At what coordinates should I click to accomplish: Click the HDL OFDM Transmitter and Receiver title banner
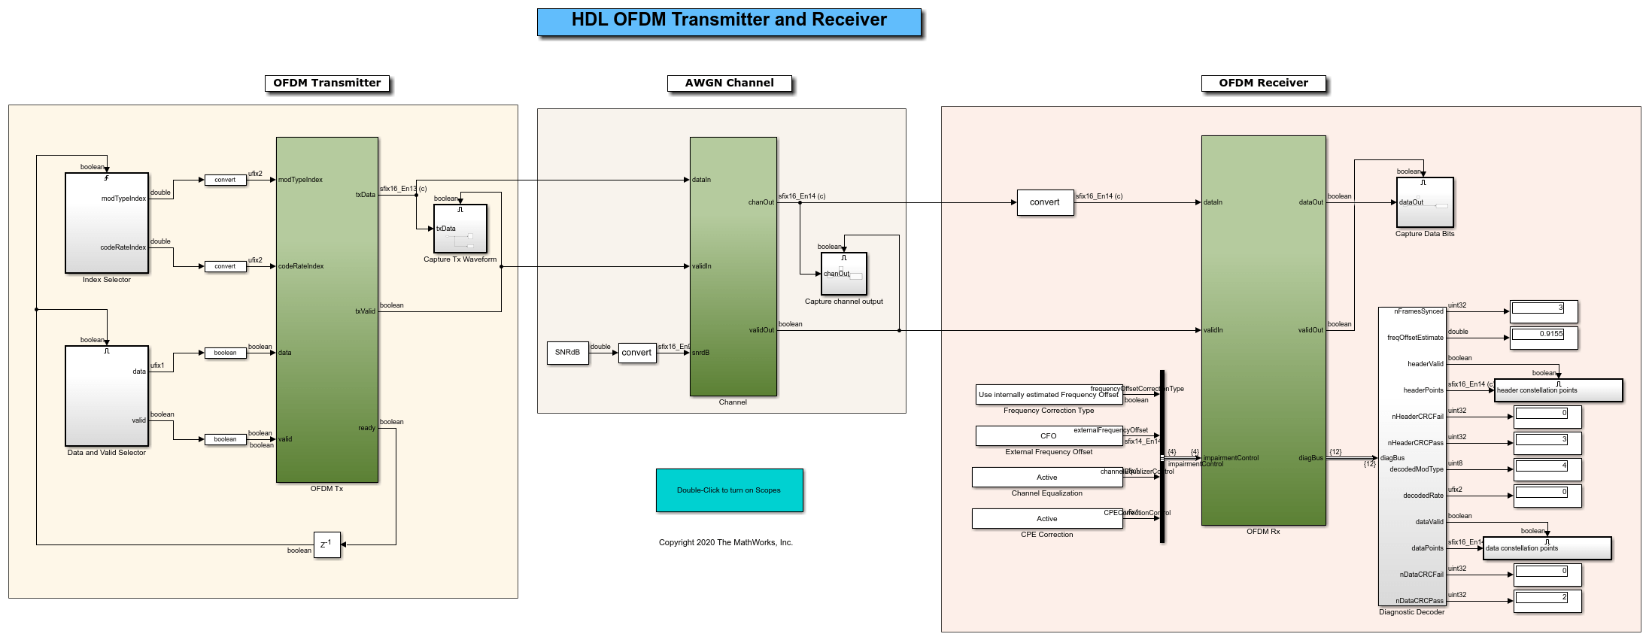(729, 22)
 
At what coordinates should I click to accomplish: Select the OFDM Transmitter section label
(327, 83)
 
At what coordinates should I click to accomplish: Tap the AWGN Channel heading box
(729, 83)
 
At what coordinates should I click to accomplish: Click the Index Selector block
(107, 223)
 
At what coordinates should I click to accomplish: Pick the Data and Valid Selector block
(107, 396)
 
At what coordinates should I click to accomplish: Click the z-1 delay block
(326, 544)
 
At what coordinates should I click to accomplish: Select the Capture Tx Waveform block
(460, 229)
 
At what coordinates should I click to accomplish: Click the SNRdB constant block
(567, 353)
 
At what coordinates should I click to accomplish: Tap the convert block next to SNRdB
(636, 353)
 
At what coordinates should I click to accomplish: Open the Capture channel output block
(844, 274)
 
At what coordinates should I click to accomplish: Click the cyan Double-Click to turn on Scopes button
(729, 490)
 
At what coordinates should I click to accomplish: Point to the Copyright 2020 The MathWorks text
(726, 543)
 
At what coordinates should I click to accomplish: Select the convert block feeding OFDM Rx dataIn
(1045, 203)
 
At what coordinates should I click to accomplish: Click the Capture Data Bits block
(1425, 202)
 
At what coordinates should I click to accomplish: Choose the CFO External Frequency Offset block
(1049, 436)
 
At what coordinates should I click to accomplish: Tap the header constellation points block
(1558, 390)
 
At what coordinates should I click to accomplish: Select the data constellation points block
(1547, 548)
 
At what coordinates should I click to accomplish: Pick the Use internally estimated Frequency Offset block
(1049, 395)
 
